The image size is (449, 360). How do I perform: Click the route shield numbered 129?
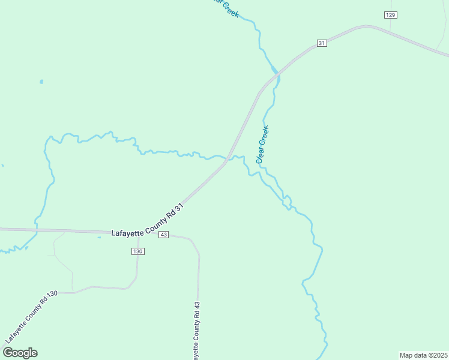click(391, 14)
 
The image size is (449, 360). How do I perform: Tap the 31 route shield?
click(322, 43)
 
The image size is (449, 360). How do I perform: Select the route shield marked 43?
click(164, 235)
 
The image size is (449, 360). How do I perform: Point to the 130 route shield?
click(138, 251)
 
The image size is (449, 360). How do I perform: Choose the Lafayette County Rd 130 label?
click(31, 317)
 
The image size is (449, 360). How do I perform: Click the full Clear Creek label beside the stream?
click(262, 144)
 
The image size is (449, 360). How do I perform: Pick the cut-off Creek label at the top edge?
click(229, 7)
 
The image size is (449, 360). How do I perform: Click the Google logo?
click(20, 353)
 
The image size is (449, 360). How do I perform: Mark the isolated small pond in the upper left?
click(41, 81)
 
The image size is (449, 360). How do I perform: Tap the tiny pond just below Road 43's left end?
click(99, 237)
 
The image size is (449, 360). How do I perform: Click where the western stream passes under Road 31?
click(227, 160)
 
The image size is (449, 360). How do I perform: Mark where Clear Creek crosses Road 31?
click(277, 71)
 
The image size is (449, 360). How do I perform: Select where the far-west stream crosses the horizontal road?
click(37, 230)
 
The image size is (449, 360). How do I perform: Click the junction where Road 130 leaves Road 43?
click(137, 233)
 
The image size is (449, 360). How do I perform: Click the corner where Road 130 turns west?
click(130, 287)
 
